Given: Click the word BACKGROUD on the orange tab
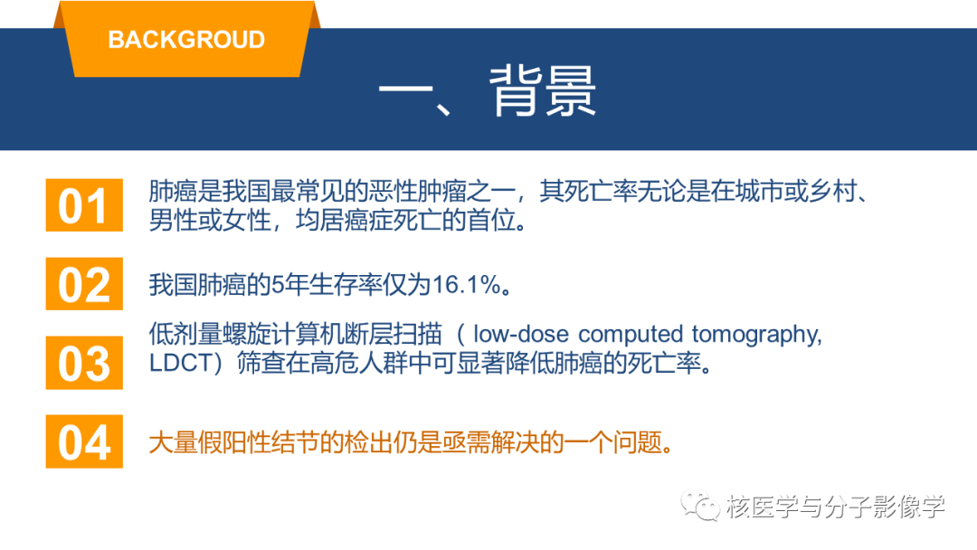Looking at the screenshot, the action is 186,40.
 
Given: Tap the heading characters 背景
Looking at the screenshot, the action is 542,91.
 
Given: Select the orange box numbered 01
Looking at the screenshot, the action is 84,205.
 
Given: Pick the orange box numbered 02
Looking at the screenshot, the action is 84,283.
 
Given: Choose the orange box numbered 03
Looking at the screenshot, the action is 84,363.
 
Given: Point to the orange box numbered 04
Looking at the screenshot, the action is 84,441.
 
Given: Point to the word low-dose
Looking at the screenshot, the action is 521,335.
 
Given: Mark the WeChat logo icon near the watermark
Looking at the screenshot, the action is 700,506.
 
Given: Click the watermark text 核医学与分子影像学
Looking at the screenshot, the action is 835,507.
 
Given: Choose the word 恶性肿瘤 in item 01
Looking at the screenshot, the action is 417,191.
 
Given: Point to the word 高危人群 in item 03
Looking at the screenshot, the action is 358,363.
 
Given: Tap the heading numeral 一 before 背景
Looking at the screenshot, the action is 405,91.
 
